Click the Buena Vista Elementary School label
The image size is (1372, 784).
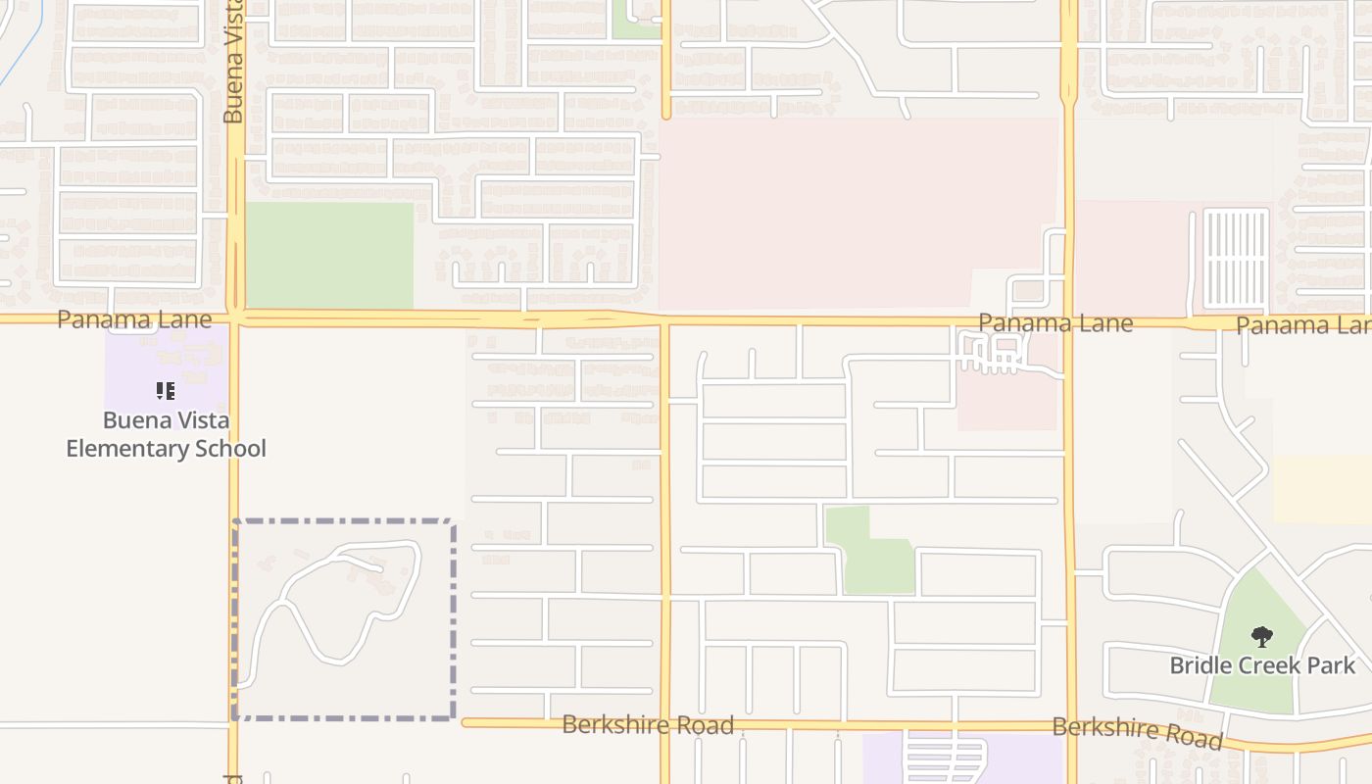(166, 435)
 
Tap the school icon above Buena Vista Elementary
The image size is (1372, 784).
(166, 392)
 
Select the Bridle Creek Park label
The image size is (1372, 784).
(1262, 665)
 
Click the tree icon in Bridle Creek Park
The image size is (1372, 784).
(1262, 637)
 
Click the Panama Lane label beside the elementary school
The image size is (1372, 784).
(134, 319)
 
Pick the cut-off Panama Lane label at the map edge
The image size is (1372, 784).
(1302, 325)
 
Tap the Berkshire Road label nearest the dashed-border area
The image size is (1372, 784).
(648, 725)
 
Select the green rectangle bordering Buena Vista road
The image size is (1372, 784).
(328, 255)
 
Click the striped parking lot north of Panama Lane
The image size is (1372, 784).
(1235, 257)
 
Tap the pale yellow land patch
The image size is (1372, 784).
(1323, 488)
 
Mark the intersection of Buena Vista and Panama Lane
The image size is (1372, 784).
(235, 318)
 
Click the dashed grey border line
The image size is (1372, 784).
(454, 617)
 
